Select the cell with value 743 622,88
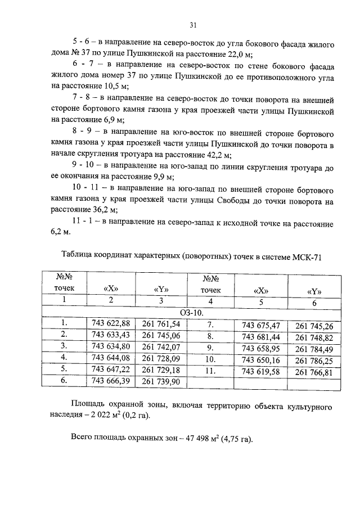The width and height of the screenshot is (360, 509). tap(110, 323)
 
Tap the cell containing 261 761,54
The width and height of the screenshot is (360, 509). tap(161, 324)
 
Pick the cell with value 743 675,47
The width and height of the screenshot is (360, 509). tap(260, 326)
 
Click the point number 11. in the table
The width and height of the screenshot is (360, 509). tap(210, 371)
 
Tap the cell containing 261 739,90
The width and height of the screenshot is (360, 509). tap(161, 382)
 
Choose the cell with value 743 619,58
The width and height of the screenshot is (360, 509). tap(260, 372)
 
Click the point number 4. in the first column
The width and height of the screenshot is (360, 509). tap(64, 357)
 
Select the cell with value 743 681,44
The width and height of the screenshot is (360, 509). tap(260, 337)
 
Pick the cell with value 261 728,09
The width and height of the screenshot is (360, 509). tap(161, 358)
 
